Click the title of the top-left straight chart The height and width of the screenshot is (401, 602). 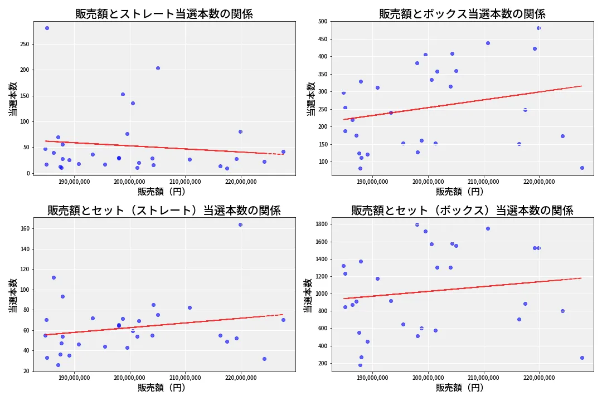164,14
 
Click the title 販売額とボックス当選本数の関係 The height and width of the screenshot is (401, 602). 462,14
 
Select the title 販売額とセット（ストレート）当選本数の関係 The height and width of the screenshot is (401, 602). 164,211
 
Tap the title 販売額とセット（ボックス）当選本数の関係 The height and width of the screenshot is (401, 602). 462,211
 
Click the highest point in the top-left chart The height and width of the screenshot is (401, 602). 47,28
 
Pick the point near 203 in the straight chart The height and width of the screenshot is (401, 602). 158,68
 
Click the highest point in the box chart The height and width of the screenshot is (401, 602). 538,28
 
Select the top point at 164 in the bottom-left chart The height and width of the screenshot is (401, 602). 240,224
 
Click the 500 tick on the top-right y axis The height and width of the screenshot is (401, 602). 322,21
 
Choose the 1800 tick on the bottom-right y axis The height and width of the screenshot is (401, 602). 320,224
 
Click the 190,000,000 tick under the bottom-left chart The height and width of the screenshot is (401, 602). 75,377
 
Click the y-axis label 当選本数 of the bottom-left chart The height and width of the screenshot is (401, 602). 13,295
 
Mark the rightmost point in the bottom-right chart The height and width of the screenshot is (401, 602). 582,358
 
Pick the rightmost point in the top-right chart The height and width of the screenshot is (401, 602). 582,168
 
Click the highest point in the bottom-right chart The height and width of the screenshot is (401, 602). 417,224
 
